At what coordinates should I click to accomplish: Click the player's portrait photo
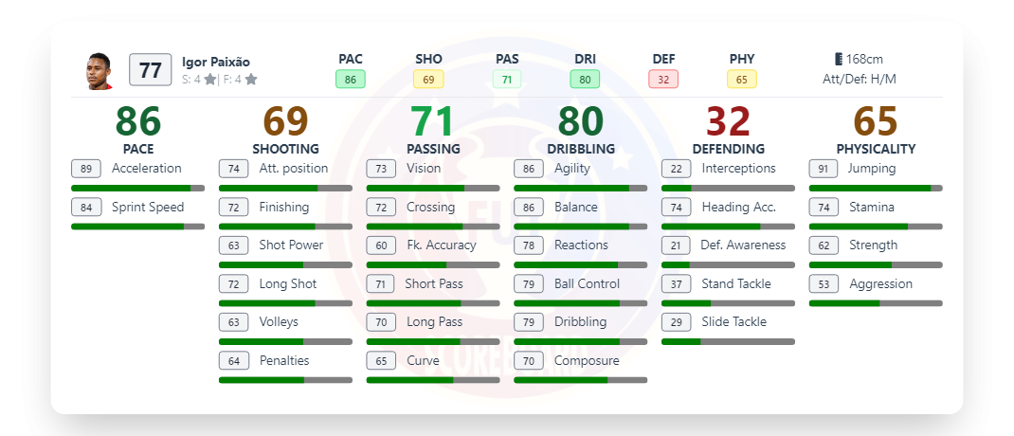click(x=99, y=71)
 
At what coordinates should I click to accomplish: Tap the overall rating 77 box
click(x=150, y=70)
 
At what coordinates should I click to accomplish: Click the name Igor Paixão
click(x=216, y=62)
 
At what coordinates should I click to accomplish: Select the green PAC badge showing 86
click(x=351, y=80)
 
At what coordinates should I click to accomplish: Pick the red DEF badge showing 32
click(x=663, y=80)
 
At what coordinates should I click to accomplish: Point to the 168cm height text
click(x=859, y=59)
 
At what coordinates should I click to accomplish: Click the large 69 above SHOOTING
click(x=285, y=121)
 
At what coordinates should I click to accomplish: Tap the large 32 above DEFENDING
click(x=728, y=121)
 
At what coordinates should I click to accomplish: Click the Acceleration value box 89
click(x=86, y=169)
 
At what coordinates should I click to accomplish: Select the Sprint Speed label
click(x=147, y=207)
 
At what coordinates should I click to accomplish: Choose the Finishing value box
click(x=233, y=207)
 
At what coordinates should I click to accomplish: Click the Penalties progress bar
click(x=285, y=380)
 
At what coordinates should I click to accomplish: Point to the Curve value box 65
click(x=381, y=360)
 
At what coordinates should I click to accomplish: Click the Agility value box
click(x=529, y=169)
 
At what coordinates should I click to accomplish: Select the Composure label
click(x=587, y=360)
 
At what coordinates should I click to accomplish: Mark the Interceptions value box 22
click(x=676, y=169)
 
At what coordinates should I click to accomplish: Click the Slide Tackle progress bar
click(x=728, y=341)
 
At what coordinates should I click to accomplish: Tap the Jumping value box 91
click(x=824, y=169)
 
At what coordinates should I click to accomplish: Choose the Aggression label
click(x=880, y=283)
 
